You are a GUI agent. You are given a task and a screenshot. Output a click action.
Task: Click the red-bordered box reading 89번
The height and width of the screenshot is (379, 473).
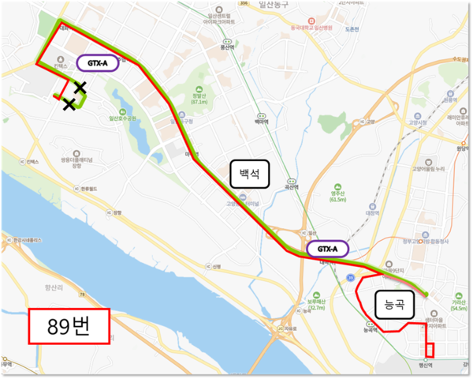pos(69,326)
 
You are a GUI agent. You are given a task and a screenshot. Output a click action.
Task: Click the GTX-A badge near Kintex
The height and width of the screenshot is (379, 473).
pos(98,62)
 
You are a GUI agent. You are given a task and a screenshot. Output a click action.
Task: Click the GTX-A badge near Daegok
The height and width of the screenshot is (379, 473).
pos(327,249)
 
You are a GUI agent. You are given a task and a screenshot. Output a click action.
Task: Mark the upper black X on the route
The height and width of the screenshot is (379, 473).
pos(80,88)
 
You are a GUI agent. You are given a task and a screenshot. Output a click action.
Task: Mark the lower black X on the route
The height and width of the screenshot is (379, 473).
pos(69,103)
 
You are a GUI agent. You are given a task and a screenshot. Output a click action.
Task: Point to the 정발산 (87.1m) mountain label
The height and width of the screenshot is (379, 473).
pos(199,98)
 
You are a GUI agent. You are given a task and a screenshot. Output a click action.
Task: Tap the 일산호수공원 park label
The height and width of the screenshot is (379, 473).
pos(123,118)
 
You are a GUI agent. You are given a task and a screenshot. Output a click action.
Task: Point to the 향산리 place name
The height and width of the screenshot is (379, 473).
pos(38,290)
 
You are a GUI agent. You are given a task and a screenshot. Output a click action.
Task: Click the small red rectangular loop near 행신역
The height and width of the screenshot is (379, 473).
pos(430,349)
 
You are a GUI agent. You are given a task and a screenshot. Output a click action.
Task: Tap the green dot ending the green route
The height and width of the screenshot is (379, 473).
pos(426,295)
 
